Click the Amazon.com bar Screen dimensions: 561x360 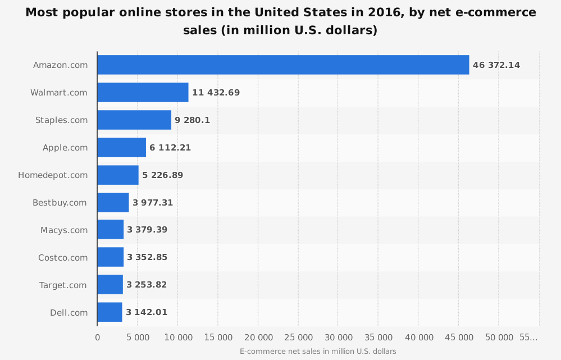[283, 65]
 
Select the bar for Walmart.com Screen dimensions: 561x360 [143, 92]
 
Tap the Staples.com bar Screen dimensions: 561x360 [134, 120]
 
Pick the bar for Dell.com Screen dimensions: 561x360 [110, 312]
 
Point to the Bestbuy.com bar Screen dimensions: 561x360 [113, 203]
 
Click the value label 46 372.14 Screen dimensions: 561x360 [496, 65]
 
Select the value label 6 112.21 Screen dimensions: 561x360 [170, 148]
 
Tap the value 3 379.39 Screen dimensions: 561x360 [147, 229]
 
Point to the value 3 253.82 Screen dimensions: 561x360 [147, 285]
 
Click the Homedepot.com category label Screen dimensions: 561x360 [53, 175]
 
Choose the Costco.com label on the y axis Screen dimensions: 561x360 [63, 258]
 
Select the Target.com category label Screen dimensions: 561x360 [63, 285]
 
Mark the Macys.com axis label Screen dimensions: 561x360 [64, 230]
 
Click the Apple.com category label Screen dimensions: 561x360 [65, 148]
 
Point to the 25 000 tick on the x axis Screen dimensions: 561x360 [298, 338]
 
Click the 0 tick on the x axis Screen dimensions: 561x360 [97, 338]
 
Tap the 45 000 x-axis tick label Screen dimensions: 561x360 [459, 338]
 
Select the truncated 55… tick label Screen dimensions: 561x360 [528, 338]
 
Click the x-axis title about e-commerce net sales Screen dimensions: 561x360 [318, 352]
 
